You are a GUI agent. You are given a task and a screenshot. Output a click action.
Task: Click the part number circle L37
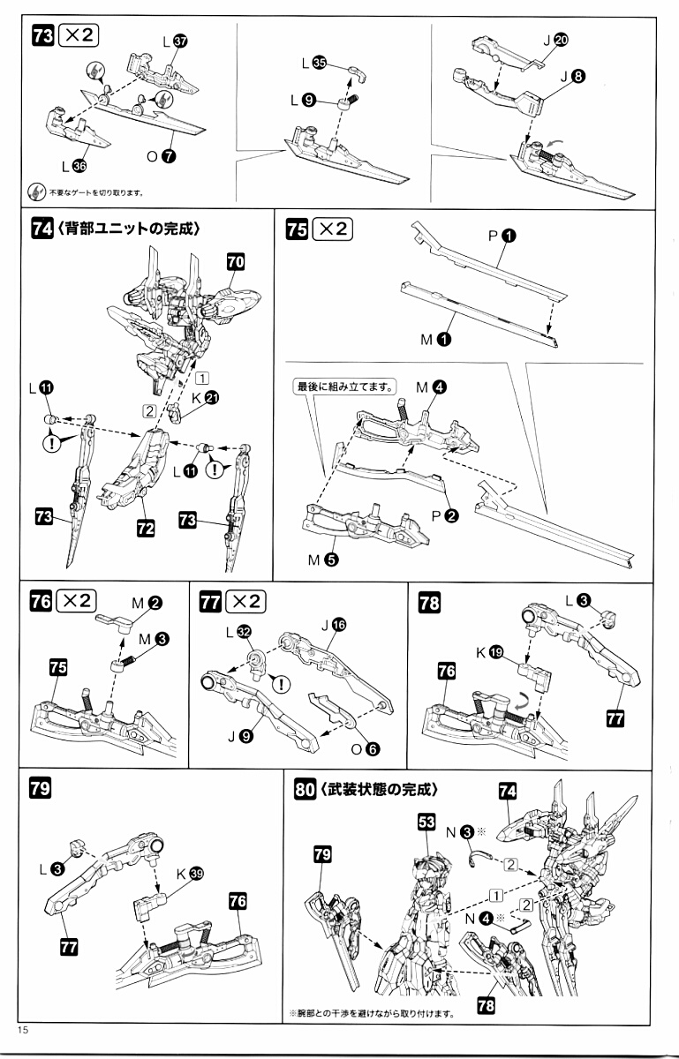tap(180, 41)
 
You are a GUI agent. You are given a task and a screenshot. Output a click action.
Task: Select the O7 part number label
tap(162, 156)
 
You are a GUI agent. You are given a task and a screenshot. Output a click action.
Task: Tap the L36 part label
tap(74, 166)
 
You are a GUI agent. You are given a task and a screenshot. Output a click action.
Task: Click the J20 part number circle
tap(561, 41)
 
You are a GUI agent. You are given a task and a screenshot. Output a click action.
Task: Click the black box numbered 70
tap(236, 262)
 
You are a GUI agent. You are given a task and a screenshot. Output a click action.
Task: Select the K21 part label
tap(206, 398)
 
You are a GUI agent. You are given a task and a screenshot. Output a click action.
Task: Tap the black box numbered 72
tap(146, 528)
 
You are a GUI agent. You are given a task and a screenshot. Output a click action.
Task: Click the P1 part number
tap(502, 236)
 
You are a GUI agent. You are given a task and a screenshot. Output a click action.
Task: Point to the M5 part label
tap(323, 560)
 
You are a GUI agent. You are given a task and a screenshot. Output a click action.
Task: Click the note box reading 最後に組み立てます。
tap(344, 387)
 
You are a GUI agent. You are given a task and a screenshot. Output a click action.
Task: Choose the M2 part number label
tap(147, 604)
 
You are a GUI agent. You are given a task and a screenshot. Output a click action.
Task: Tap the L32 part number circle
tap(245, 632)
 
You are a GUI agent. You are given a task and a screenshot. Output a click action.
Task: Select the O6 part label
tap(366, 749)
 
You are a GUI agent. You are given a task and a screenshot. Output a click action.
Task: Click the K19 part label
tap(490, 653)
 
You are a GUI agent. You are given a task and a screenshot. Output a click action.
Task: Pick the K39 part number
tap(190, 874)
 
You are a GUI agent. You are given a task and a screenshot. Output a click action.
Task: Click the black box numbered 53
tap(426, 822)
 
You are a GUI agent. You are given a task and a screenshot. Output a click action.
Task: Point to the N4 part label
tap(479, 918)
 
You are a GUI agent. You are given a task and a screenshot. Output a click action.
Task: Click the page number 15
tap(23, 1030)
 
